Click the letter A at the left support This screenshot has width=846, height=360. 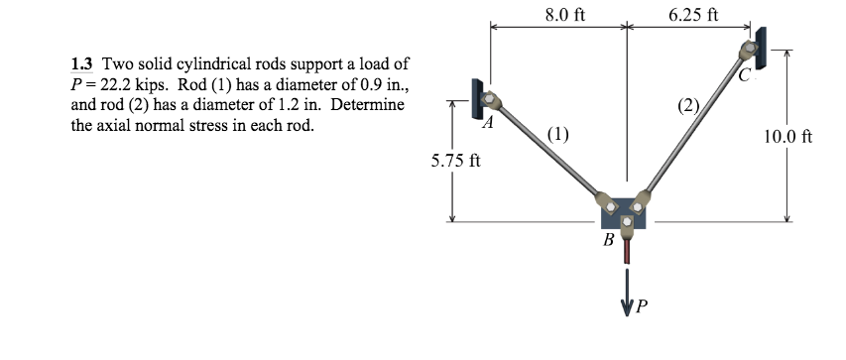[x=486, y=124]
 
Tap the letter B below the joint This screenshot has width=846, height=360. [x=609, y=240]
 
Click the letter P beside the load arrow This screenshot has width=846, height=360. [x=643, y=306]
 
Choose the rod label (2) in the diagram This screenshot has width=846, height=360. [x=688, y=103]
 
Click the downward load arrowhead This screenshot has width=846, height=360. [x=626, y=303]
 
